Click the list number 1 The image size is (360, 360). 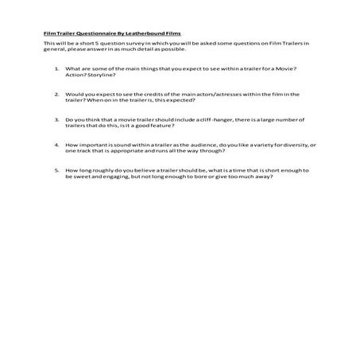pos(56,70)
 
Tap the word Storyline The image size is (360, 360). pos(99,76)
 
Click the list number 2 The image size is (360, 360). pos(56,95)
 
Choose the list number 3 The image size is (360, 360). pos(56,120)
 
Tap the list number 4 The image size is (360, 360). pos(56,145)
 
